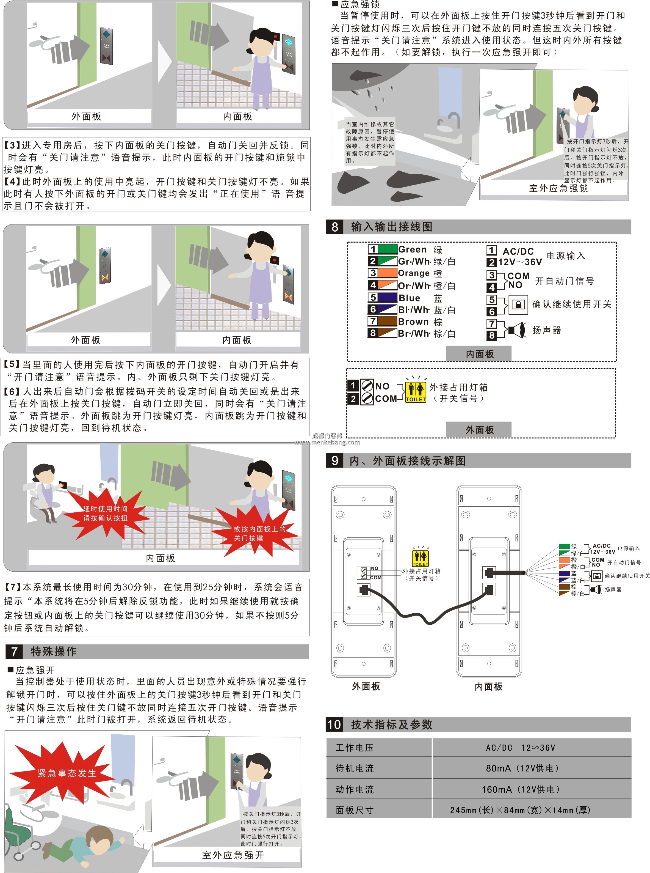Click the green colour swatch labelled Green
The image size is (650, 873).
(x=387, y=249)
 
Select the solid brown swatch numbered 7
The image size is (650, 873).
(x=387, y=321)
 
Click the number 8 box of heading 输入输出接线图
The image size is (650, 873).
(x=334, y=227)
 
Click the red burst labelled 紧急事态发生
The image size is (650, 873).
(x=67, y=773)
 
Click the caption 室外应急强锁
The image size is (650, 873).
(x=558, y=188)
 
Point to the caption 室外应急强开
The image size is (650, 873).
(x=233, y=855)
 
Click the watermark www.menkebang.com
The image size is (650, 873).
(x=327, y=442)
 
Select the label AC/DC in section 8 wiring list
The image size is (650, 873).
(x=518, y=251)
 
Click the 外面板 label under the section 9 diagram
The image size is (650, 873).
(x=366, y=686)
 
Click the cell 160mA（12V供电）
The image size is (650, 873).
(x=520, y=789)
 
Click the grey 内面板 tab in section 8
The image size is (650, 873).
(x=479, y=354)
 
